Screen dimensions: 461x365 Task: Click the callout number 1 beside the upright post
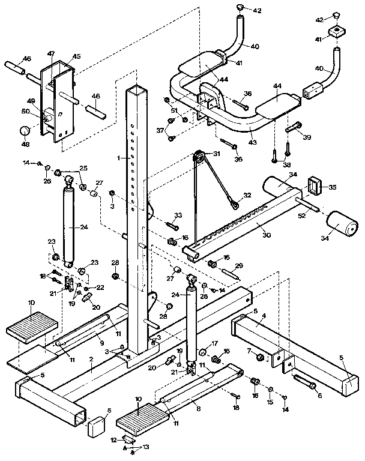tap(120, 158)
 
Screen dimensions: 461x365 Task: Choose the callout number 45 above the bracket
tap(76, 56)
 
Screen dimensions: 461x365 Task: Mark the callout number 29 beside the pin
tap(238, 265)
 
